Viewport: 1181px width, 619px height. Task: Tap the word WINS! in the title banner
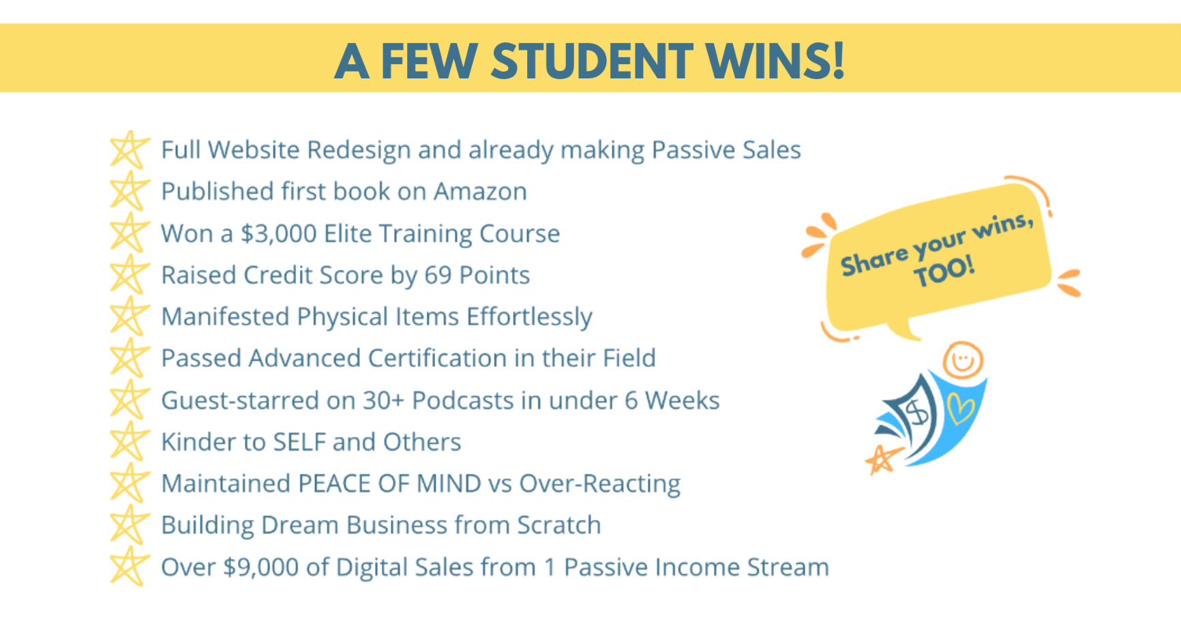pyautogui.click(x=775, y=61)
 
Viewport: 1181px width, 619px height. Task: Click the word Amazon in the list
pyautogui.click(x=480, y=192)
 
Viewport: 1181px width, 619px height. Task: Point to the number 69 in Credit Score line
pyautogui.click(x=438, y=275)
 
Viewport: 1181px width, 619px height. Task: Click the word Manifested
pyautogui.click(x=225, y=317)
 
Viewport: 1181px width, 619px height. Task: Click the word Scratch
pyautogui.click(x=558, y=526)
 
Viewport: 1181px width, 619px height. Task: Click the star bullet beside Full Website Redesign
pyautogui.click(x=129, y=150)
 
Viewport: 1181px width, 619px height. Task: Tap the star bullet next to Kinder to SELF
pyautogui.click(x=129, y=442)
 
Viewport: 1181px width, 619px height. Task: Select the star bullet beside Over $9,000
pyautogui.click(x=129, y=567)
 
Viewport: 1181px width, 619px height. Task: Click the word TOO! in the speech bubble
pyautogui.click(x=944, y=272)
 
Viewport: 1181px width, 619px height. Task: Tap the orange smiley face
pyautogui.click(x=963, y=359)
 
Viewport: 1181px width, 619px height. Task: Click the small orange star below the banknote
pyautogui.click(x=882, y=459)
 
